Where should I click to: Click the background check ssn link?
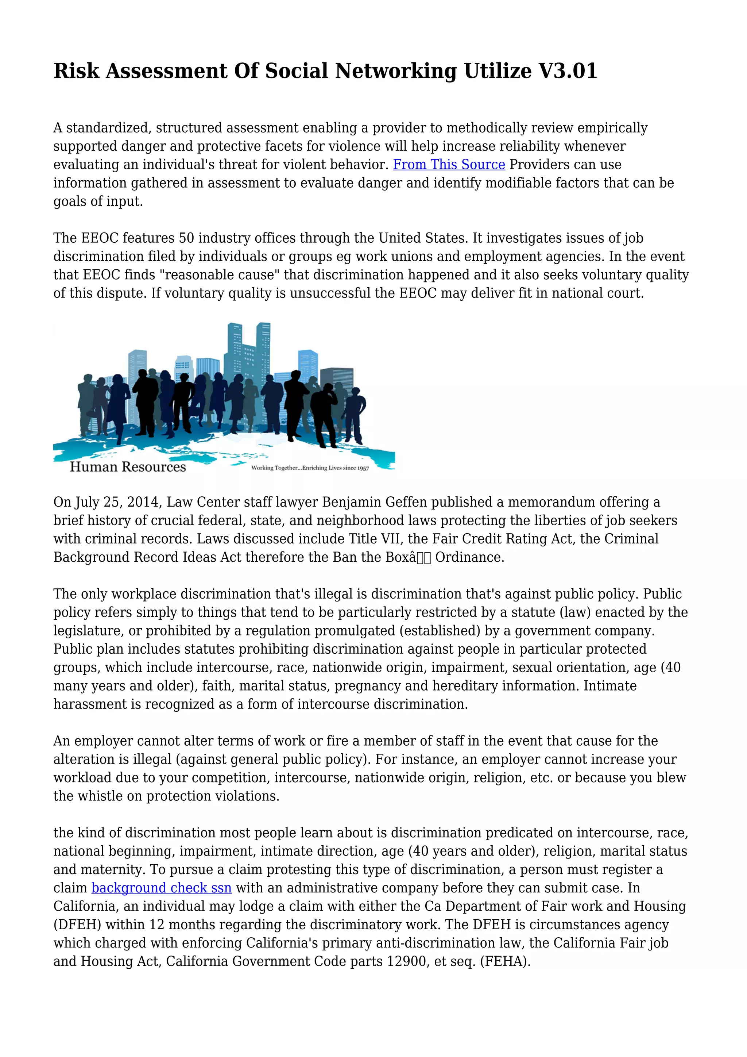162,888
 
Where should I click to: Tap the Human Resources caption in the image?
128,467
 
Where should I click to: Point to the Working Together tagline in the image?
310,468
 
